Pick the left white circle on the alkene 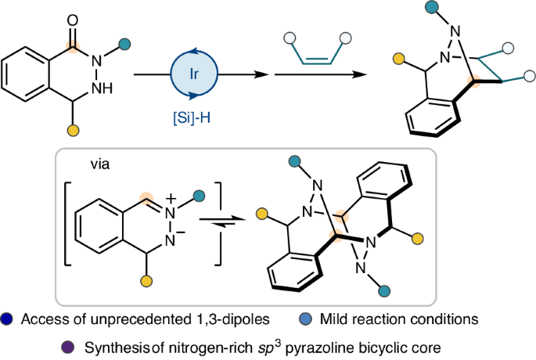(288, 37)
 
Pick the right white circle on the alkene (344, 37)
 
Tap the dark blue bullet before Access (7, 319)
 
